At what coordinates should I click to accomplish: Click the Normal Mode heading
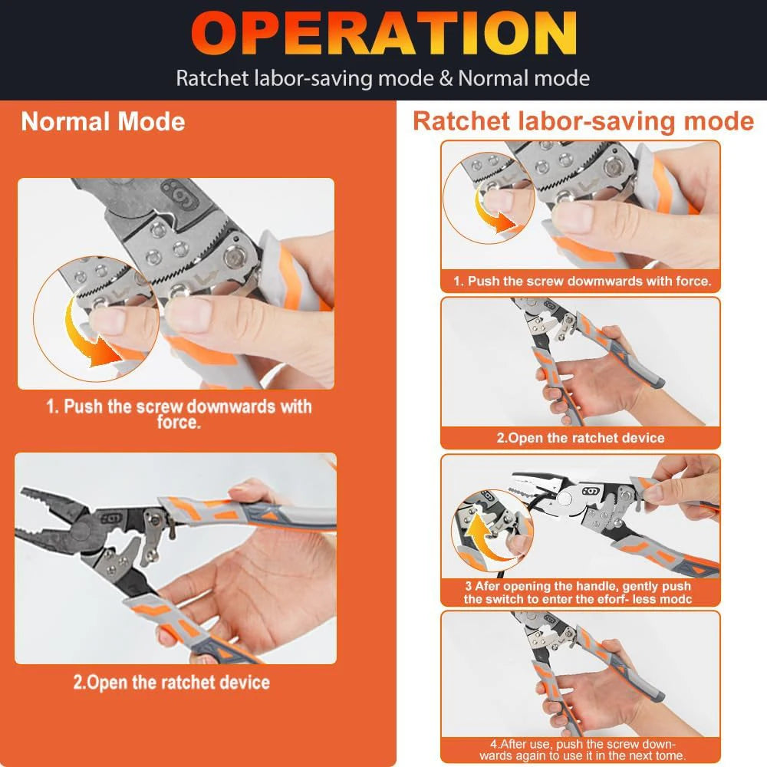(x=103, y=122)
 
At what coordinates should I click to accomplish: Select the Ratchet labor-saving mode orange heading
(x=583, y=121)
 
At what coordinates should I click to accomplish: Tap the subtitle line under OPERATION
(x=383, y=78)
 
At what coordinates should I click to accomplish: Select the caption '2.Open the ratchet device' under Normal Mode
(x=171, y=682)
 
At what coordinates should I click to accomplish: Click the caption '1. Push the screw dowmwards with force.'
(x=581, y=281)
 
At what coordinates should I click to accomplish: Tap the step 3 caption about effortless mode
(x=577, y=592)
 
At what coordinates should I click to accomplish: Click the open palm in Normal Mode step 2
(x=253, y=583)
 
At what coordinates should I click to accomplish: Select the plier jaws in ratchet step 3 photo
(x=529, y=491)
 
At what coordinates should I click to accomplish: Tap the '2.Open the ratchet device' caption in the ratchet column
(x=580, y=438)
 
